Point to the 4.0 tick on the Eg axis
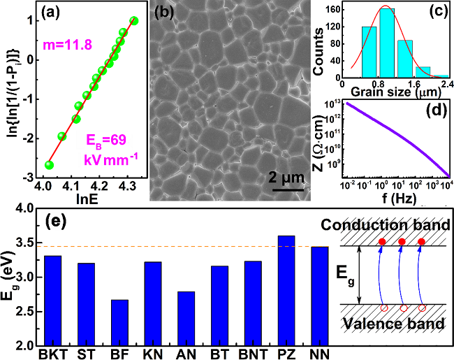(x=23, y=208)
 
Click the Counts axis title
(x=319, y=42)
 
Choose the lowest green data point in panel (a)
(x=49, y=165)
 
